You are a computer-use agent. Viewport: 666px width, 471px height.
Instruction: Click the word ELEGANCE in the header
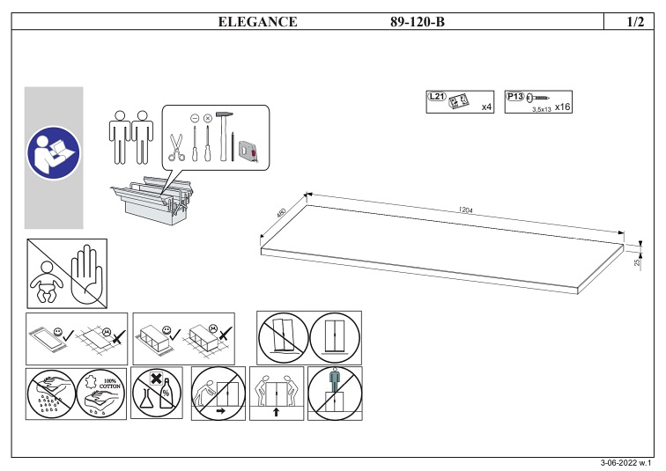coord(257,22)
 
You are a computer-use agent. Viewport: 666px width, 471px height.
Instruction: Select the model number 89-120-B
coord(418,22)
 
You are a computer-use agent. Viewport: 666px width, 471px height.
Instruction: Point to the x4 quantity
coord(486,107)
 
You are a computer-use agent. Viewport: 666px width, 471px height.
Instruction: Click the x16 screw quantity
coord(564,107)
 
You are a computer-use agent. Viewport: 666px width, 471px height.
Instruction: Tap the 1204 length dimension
coord(467,210)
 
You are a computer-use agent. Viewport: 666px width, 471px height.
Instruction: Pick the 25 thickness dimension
coord(636,261)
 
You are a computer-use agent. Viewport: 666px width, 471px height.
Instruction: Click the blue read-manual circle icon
coord(53,152)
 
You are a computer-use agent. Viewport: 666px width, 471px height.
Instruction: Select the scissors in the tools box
coord(176,146)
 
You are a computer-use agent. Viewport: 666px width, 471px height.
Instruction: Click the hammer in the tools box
coord(224,136)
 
